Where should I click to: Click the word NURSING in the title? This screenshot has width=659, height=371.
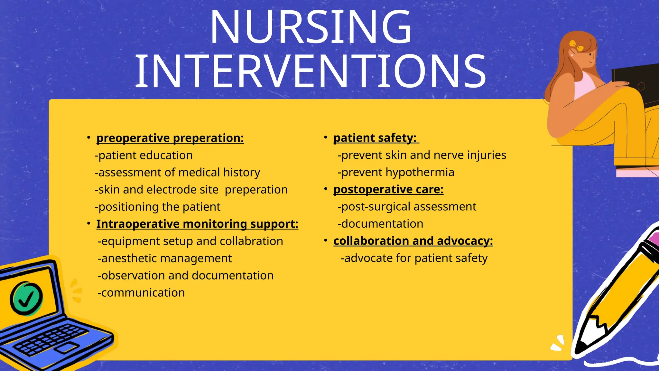point(311,27)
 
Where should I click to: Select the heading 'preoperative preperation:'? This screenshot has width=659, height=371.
point(170,138)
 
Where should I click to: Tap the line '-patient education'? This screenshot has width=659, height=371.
point(144,156)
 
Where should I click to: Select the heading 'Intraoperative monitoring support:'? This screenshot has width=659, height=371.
point(197,224)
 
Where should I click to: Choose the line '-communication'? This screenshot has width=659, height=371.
point(141,293)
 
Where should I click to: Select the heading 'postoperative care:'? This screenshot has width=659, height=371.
point(388,189)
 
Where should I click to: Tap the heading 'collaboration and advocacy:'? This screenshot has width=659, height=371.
point(413,241)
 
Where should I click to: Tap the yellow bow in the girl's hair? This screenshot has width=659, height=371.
point(576,46)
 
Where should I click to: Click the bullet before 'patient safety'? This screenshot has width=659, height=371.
point(326,138)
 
